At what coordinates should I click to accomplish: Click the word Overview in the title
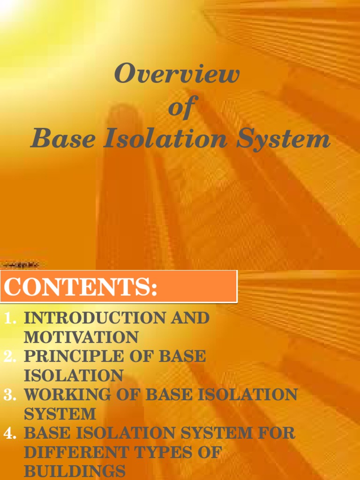177,75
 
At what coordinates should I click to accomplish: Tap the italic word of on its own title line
180,107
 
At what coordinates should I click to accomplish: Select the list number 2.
10,357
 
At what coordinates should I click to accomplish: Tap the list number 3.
10,395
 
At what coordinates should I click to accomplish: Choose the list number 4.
10,434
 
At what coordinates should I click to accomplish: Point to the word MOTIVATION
81,337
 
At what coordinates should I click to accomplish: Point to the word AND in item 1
190,318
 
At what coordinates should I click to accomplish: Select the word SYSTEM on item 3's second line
60,414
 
